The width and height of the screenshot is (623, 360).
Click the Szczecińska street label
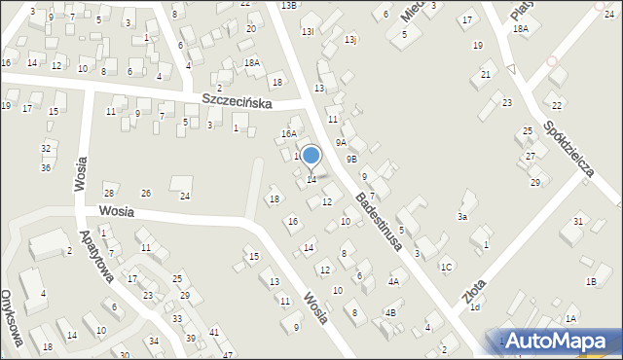click(238, 101)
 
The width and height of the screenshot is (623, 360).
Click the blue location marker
click(311, 156)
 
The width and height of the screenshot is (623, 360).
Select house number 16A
click(288, 134)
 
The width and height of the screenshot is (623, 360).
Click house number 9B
click(351, 158)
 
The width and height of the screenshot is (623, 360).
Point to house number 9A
click(341, 142)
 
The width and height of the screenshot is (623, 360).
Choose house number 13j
click(350, 40)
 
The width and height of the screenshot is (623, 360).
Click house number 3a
click(463, 217)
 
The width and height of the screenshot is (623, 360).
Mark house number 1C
click(446, 267)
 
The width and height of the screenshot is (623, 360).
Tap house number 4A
click(393, 281)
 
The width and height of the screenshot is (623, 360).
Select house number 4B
click(389, 312)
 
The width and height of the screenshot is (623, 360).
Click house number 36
click(45, 167)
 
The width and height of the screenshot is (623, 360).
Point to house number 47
click(228, 355)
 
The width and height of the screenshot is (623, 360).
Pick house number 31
click(578, 222)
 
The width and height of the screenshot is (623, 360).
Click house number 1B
click(590, 281)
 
